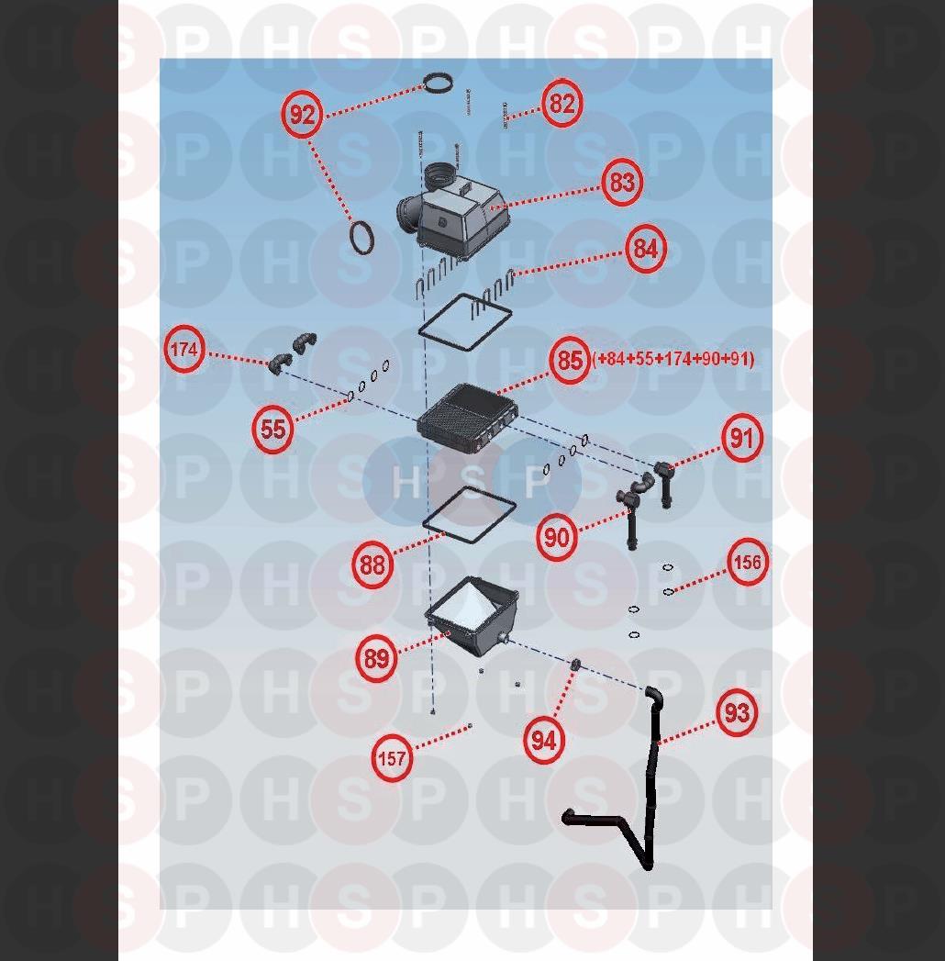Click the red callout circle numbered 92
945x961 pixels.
(x=302, y=114)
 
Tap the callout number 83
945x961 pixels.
(x=622, y=182)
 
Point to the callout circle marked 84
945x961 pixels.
(x=646, y=249)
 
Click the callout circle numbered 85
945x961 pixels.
(x=570, y=360)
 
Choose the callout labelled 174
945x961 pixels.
(x=184, y=350)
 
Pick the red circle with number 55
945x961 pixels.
(x=272, y=428)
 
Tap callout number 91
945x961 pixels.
(x=741, y=438)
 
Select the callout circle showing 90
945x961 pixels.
(x=557, y=537)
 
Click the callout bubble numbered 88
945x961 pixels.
(x=372, y=564)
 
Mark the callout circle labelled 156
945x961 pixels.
(x=747, y=562)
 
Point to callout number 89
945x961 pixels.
(x=376, y=658)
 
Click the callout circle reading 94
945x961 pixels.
(x=544, y=741)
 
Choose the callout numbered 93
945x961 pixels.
(x=737, y=712)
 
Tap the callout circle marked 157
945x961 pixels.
(x=392, y=758)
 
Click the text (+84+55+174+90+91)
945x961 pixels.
(x=673, y=359)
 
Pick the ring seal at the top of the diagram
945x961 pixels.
(x=439, y=83)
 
